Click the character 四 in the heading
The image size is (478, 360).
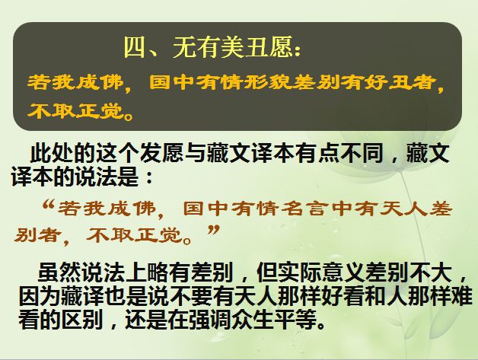(135, 47)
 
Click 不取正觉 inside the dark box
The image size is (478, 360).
(75, 110)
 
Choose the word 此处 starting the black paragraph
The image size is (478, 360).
(52, 154)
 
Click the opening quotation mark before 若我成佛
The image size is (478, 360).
(49, 205)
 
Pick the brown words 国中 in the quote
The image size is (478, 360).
(206, 209)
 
